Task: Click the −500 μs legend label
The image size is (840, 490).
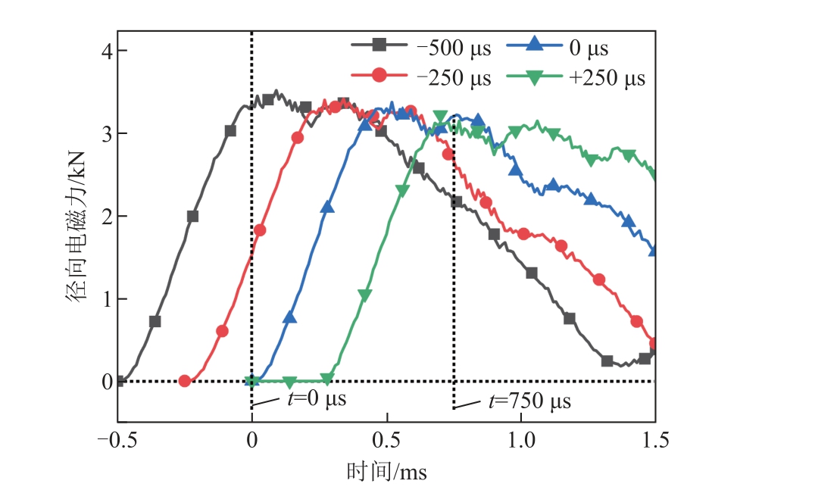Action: pos(454,48)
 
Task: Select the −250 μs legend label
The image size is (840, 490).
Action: pos(454,78)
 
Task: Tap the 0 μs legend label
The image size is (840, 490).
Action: pos(589,48)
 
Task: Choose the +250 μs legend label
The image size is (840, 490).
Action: pos(607,78)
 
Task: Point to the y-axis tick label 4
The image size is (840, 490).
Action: pos(107,51)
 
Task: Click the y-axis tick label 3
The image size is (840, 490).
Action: pos(107,134)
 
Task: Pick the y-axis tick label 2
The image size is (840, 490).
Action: pos(107,217)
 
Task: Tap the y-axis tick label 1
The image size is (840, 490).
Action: pos(107,299)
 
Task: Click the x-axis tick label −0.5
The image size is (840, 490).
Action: pos(117,440)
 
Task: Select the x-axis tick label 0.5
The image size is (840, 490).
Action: pos(386,440)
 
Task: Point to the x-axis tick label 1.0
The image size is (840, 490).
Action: pos(521,440)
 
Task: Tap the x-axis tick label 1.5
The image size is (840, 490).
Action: pos(656,440)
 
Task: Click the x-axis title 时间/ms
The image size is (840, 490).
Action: pos(387,472)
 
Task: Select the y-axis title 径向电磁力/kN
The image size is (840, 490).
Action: pos(76,227)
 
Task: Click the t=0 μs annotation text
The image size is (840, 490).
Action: pos(317,399)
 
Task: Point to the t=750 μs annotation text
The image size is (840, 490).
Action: pos(529,401)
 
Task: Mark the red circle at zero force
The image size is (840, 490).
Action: pos(184,381)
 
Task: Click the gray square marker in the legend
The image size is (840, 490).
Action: pos(379,45)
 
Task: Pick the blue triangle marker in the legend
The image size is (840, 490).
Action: pos(534,44)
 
